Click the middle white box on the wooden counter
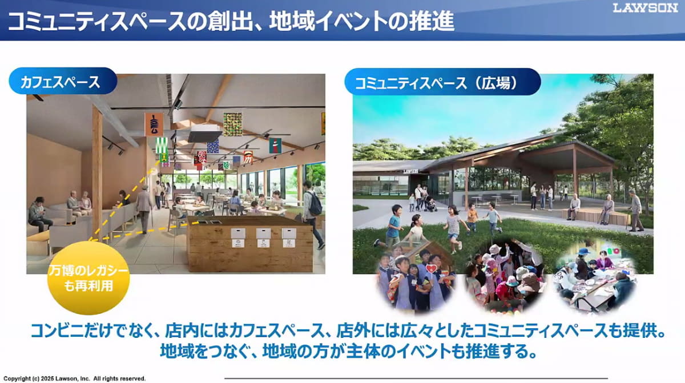(263, 236)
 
